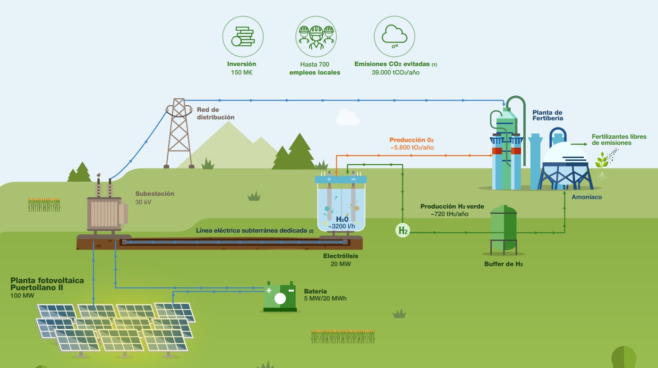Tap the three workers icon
(x=316, y=36)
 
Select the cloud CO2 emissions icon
(x=394, y=36)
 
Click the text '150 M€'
(x=241, y=73)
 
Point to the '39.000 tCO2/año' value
(x=395, y=73)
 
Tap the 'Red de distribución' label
(x=215, y=113)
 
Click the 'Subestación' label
(x=154, y=193)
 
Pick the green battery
(x=280, y=297)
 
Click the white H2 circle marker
(x=402, y=231)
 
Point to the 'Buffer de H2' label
(x=503, y=264)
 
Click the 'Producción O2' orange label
(x=411, y=140)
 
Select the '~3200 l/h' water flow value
(x=342, y=226)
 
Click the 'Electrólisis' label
(x=341, y=256)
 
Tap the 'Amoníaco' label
(x=587, y=197)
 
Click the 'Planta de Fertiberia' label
(x=547, y=115)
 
